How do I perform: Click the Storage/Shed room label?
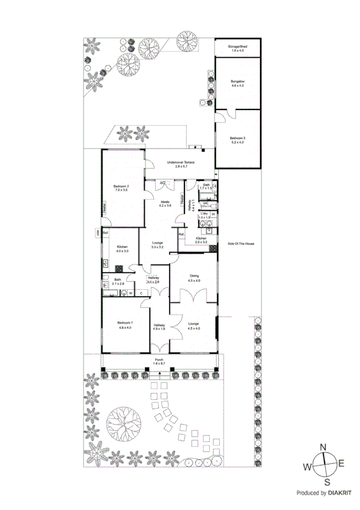(238, 46)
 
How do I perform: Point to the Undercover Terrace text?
(180, 162)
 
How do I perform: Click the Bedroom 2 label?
(122, 186)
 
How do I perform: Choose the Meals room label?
(165, 201)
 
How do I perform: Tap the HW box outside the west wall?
(96, 233)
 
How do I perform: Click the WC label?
(206, 203)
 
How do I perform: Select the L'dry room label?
(204, 213)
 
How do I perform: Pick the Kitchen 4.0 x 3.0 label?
(122, 247)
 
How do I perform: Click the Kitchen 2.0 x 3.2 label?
(201, 239)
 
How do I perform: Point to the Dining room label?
(194, 276)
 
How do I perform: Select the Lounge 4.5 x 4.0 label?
(194, 324)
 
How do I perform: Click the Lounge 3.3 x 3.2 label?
(157, 243)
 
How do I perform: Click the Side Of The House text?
(241, 244)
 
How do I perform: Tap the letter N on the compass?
(323, 447)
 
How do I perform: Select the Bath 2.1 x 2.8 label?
(118, 280)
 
